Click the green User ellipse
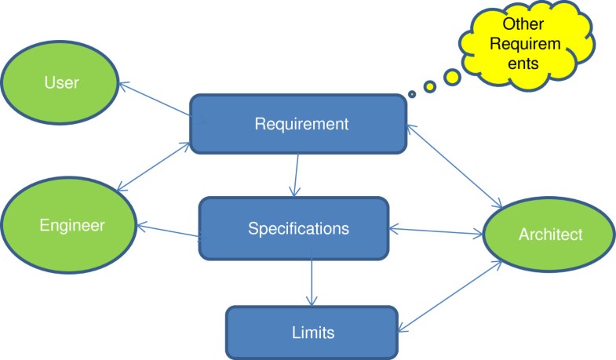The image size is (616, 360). tap(61, 82)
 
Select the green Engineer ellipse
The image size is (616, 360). tap(71, 225)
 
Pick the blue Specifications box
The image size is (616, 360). tap(293, 228)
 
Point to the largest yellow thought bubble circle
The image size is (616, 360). tap(452, 77)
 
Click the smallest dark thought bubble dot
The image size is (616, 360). tap(412, 95)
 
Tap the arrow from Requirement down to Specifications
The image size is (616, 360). tap(296, 174)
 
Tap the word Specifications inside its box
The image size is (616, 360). tap(298, 228)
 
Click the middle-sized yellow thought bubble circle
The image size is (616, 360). tap(431, 86)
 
